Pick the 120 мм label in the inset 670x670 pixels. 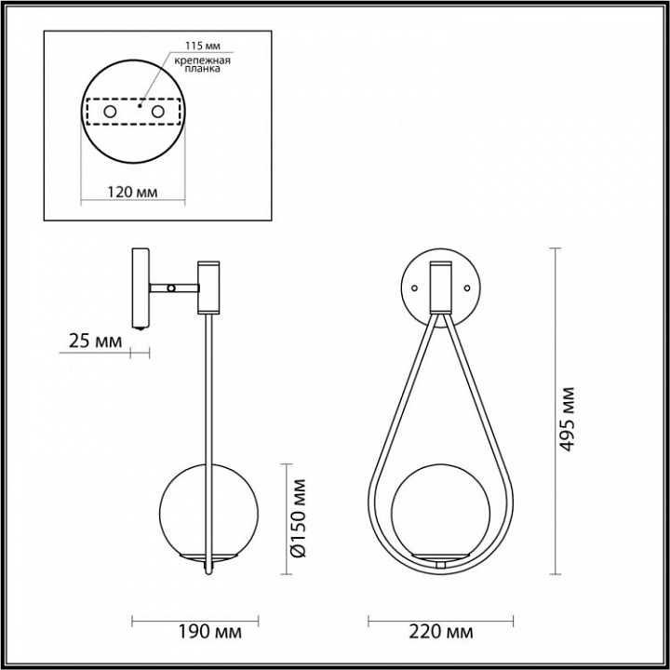pos(131,192)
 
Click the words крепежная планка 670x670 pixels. pos(203,65)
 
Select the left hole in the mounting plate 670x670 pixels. pos(111,112)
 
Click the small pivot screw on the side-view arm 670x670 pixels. pos(170,288)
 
